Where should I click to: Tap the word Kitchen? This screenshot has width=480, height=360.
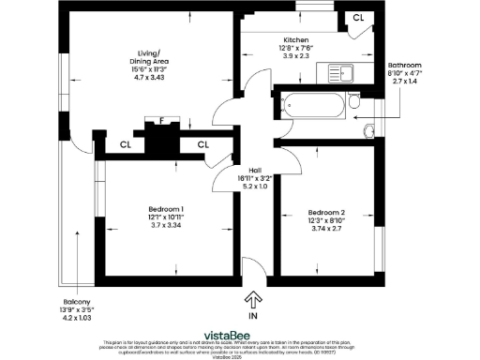(296, 40)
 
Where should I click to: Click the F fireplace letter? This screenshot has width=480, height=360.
(162, 121)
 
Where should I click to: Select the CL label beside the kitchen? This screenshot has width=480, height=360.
(359, 18)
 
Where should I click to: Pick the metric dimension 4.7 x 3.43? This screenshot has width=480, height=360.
(147, 76)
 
